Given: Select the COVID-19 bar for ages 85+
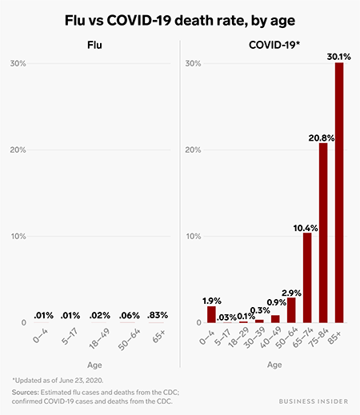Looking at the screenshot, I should pos(339,192).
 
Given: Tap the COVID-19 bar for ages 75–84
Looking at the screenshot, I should pos(323,233).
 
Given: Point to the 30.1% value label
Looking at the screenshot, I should pos(338,55).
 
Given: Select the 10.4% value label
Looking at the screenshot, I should pos(305,226).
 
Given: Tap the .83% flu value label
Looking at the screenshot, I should pos(158,316).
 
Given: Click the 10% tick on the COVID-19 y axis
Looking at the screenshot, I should pos(192,237).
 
